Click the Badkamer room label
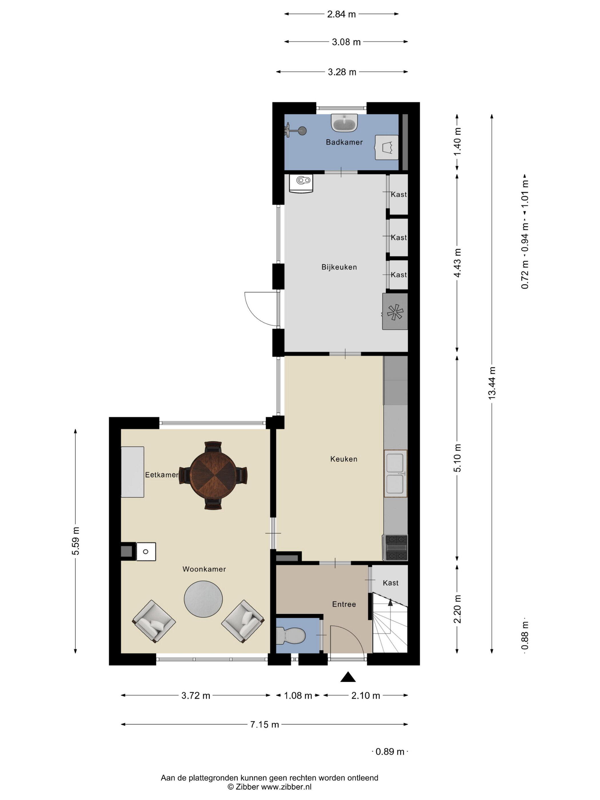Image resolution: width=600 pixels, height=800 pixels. click(344, 142)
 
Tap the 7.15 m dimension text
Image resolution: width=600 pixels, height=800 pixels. click(265, 724)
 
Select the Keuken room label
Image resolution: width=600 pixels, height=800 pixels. click(344, 459)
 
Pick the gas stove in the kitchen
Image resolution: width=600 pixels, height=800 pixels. click(396, 547)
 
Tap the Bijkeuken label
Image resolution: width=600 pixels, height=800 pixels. click(339, 267)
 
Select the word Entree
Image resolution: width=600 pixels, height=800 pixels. click(344, 604)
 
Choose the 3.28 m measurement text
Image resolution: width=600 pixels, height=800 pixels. click(342, 72)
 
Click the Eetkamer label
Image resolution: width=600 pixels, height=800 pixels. click(162, 475)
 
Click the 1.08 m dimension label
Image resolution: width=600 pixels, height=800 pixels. click(298, 696)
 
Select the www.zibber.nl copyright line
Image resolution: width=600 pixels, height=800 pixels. click(269, 787)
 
